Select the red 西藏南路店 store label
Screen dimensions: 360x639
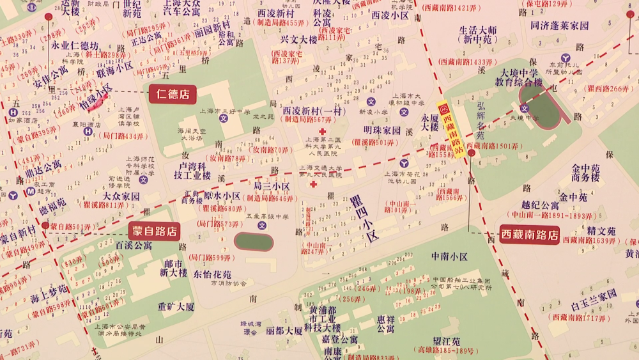click(x=529, y=235)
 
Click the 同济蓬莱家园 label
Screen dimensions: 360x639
click(x=559, y=26)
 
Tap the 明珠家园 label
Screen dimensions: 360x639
click(x=382, y=131)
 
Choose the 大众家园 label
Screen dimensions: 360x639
click(x=121, y=196)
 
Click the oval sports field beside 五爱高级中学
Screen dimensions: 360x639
click(x=254, y=241)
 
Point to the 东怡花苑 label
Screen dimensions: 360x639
click(x=212, y=274)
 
